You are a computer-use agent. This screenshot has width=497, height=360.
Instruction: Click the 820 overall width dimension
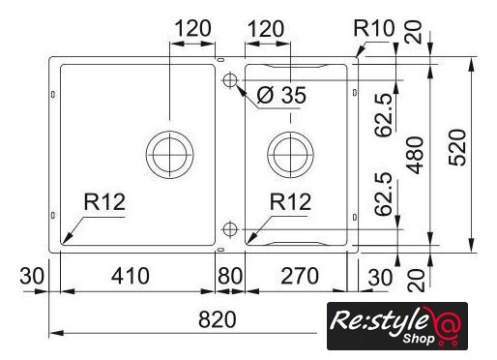pyautogui.click(x=218, y=319)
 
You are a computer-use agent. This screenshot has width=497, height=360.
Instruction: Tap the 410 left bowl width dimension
pyautogui.click(x=131, y=276)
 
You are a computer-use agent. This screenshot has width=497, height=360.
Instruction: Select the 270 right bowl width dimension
pyautogui.click(x=300, y=276)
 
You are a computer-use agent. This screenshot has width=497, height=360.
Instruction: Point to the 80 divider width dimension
pyautogui.click(x=230, y=276)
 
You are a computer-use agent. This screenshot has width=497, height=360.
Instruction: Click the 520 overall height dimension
pyautogui.click(x=457, y=148)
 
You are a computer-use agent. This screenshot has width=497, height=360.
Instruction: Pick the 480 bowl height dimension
pyautogui.click(x=415, y=155)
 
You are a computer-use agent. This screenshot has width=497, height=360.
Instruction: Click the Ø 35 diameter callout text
pyautogui.click(x=281, y=95)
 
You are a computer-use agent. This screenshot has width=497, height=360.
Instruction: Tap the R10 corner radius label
pyautogui.click(x=374, y=28)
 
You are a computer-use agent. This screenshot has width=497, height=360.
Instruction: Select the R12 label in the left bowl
pyautogui.click(x=104, y=202)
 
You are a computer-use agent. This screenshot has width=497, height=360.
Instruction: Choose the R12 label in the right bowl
pyautogui.click(x=290, y=202)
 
